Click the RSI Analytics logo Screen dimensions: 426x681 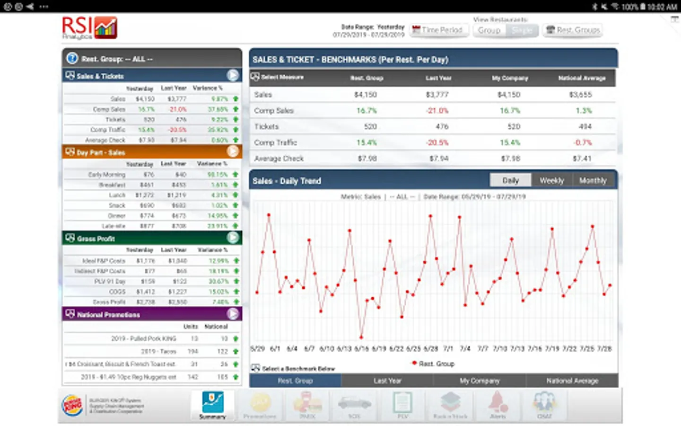pyautogui.click(x=89, y=28)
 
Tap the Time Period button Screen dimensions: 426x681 pyautogui.click(x=437, y=30)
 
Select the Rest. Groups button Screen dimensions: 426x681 pyautogui.click(x=573, y=30)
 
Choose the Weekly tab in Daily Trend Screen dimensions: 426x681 pyautogui.click(x=551, y=181)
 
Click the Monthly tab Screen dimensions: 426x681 pyautogui.click(x=593, y=181)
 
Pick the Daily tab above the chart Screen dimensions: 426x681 pyautogui.click(x=510, y=181)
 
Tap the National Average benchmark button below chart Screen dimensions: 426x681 pyautogui.click(x=572, y=381)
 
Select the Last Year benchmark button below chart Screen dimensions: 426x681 pyautogui.click(x=387, y=381)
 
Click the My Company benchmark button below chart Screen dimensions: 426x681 pyautogui.click(x=480, y=381)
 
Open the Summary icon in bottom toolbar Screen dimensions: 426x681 pyautogui.click(x=212, y=405)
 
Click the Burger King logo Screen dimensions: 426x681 pyautogui.click(x=73, y=405)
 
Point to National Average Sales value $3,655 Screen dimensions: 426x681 pyautogui.click(x=580, y=95)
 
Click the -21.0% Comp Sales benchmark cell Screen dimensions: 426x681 pyautogui.click(x=437, y=111)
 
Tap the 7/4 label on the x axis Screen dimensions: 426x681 pyautogui.click(x=465, y=349)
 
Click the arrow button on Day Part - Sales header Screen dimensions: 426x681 pyautogui.click(x=233, y=151)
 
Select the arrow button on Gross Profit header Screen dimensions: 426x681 pyautogui.click(x=233, y=238)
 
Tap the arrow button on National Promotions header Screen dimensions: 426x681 pyautogui.click(x=233, y=314)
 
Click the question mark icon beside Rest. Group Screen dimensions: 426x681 pyautogui.click(x=72, y=59)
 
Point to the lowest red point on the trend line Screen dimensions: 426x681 pyautogui.click(x=361, y=337)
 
